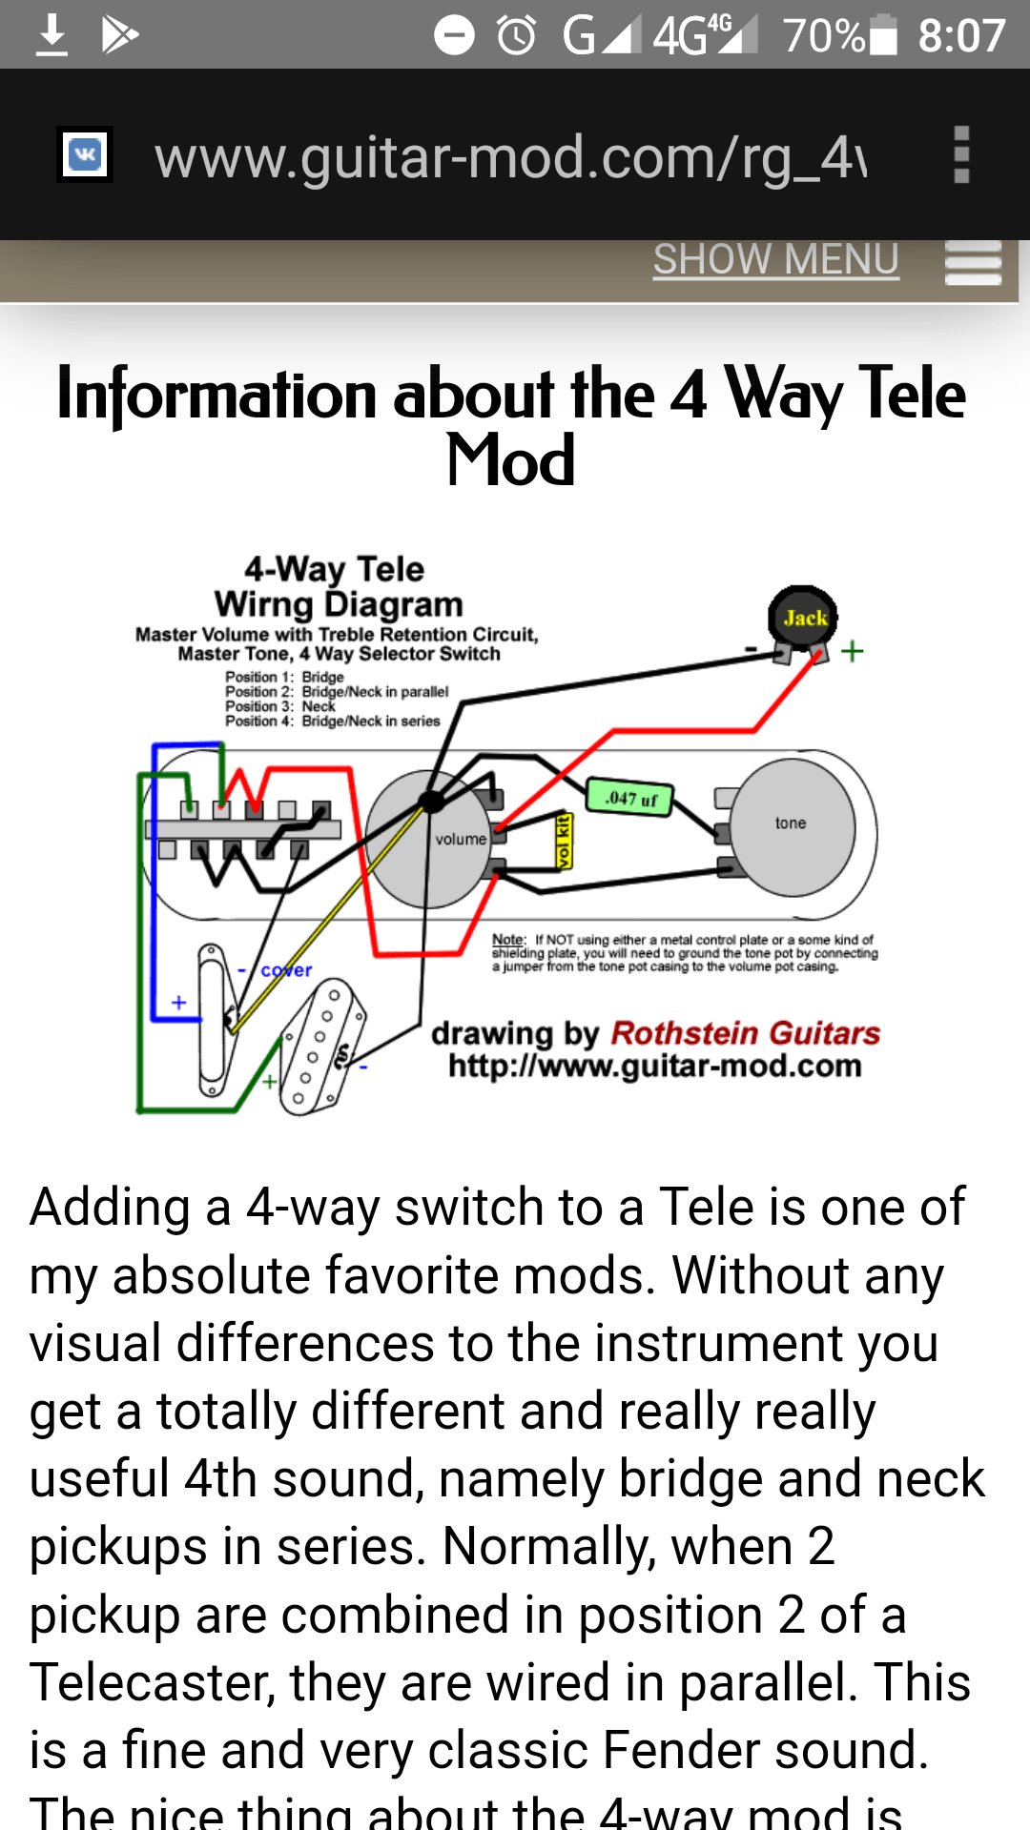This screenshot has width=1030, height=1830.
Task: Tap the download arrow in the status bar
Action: click(51, 35)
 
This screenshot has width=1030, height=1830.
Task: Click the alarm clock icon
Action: click(517, 35)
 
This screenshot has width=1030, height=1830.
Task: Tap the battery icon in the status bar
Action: click(884, 35)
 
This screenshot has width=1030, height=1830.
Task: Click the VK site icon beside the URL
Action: click(85, 154)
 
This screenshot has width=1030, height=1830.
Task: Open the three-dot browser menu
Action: click(961, 154)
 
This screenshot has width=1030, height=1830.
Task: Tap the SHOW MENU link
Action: click(775, 259)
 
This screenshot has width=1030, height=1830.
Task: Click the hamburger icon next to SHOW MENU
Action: click(973, 262)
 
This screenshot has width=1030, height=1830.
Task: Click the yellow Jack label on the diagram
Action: click(804, 618)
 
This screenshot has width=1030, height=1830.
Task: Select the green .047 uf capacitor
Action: click(630, 798)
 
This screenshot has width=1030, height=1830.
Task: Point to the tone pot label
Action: click(791, 823)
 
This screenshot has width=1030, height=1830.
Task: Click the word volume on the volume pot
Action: click(461, 839)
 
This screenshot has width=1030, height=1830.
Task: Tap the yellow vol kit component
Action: click(564, 842)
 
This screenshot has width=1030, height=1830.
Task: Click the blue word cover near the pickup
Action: click(286, 970)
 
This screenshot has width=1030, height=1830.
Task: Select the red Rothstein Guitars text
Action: click(745, 1032)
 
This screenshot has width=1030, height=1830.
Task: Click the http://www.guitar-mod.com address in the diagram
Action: click(654, 1066)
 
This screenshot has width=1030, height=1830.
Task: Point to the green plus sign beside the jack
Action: click(852, 651)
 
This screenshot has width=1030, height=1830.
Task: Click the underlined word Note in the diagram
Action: click(508, 940)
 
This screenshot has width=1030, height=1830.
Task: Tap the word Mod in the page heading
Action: click(511, 460)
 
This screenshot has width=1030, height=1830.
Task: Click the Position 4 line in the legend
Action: click(332, 722)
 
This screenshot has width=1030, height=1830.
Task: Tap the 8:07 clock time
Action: click(961, 35)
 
